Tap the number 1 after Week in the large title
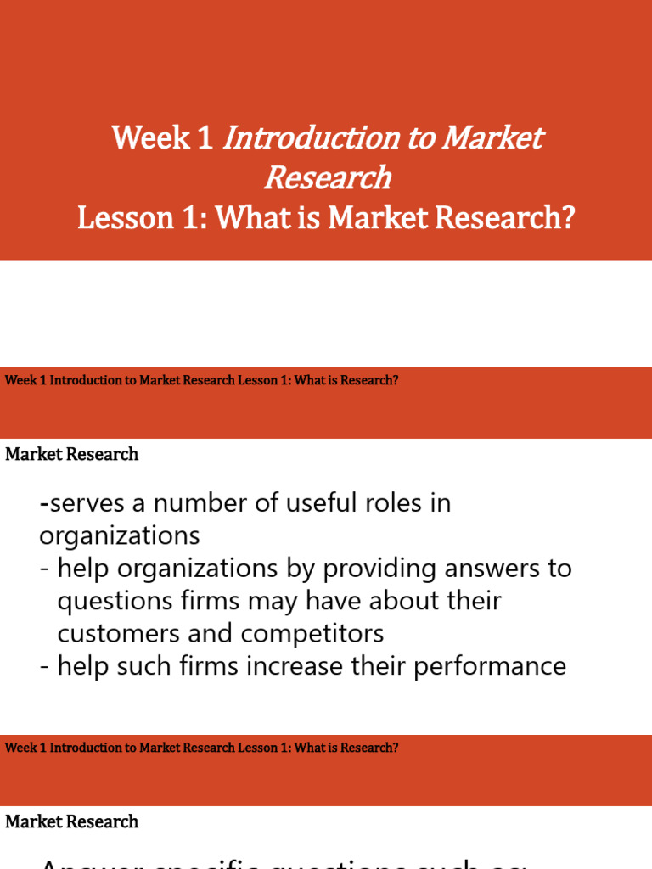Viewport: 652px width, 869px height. point(205,138)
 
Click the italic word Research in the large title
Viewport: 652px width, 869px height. point(327,178)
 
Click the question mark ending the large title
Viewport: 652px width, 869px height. point(567,218)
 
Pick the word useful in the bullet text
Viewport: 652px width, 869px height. point(323,503)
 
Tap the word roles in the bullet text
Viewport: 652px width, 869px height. point(395,503)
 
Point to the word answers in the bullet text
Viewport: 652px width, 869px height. point(497,569)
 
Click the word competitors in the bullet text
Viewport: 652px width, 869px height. point(312,633)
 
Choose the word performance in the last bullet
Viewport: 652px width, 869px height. point(490,665)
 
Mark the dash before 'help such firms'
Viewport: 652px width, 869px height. point(44,665)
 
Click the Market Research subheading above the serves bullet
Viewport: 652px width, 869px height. point(72,455)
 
